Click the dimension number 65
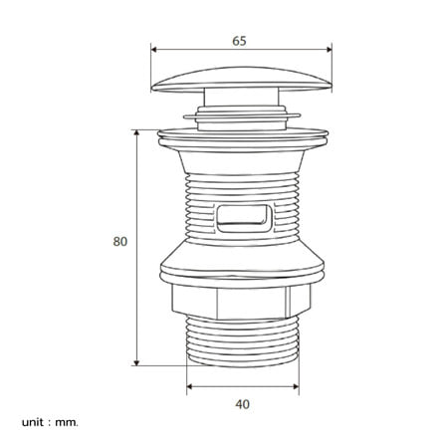click(239, 41)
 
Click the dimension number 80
click(120, 241)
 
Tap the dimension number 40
click(243, 404)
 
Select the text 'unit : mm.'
click(50, 422)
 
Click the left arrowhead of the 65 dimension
click(153, 50)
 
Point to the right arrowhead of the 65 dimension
click(330, 50)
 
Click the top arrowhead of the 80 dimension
click(136, 132)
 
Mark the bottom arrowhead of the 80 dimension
click(136, 362)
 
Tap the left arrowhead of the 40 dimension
click(189, 386)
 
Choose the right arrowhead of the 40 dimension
click(296, 386)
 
